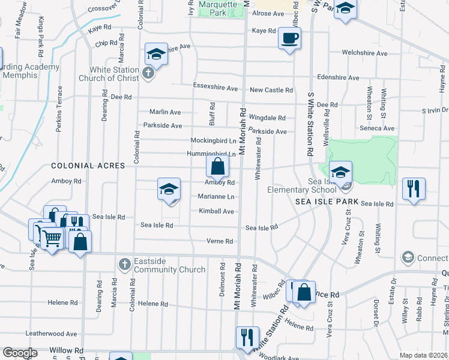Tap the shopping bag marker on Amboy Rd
[218, 167]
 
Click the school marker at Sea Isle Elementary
[340, 173]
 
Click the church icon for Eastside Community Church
[124, 264]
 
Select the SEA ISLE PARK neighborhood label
[327, 202]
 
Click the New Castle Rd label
[271, 90]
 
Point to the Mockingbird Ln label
[213, 140]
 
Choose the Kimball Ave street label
[216, 211]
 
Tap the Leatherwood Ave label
[51, 334]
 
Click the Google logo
[20, 353]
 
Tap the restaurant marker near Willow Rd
[247, 337]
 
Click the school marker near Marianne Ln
[169, 189]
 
